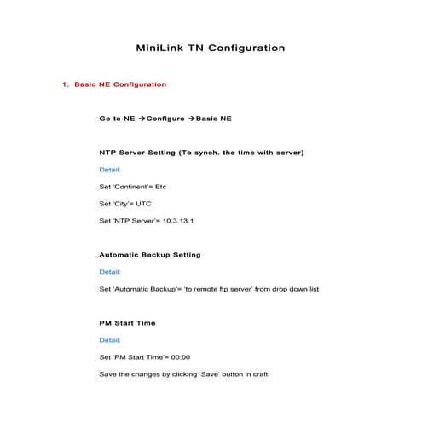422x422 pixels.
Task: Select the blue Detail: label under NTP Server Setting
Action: (x=110, y=170)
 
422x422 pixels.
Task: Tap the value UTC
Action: (x=144, y=204)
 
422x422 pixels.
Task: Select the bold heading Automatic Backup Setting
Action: (x=150, y=255)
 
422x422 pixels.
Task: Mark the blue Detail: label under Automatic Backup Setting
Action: (x=110, y=272)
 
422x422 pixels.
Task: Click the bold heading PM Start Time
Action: (x=127, y=323)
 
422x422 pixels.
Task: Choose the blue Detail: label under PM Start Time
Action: (x=110, y=340)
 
